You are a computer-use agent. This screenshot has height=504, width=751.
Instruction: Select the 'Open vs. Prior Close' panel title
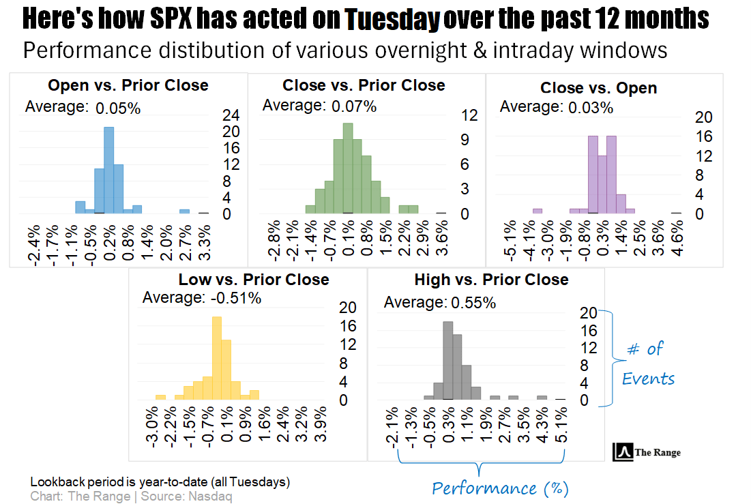[x=128, y=85]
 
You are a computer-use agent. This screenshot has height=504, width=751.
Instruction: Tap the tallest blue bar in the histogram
[x=108, y=171]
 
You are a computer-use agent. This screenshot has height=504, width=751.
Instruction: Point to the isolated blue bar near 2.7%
[x=184, y=211]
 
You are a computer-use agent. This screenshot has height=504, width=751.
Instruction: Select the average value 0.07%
[x=354, y=106]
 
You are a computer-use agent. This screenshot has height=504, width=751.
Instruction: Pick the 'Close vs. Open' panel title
[x=598, y=88]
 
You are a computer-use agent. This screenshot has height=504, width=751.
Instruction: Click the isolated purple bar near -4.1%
[x=538, y=211]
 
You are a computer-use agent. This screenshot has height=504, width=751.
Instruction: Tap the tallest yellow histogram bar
[x=217, y=357]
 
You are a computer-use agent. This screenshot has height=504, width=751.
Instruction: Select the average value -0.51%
[x=234, y=298]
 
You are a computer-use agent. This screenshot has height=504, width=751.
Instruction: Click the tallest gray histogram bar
[x=448, y=360]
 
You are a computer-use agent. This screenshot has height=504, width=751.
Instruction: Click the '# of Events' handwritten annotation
[x=648, y=364]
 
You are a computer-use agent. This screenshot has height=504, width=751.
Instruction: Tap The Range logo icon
[x=623, y=451]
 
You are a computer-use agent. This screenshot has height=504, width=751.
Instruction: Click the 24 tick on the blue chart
[x=231, y=115]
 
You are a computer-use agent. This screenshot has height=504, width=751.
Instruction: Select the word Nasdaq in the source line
[x=212, y=496]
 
